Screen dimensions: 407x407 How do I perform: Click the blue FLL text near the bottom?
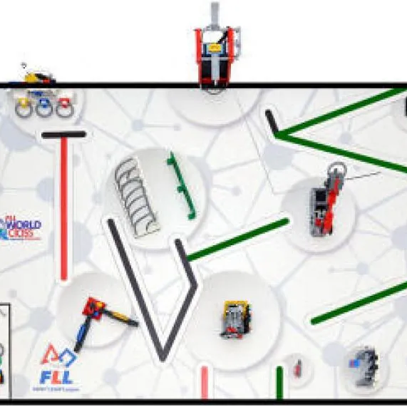56,377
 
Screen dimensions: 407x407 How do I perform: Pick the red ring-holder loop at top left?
64,108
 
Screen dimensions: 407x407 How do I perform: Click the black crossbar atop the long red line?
63,134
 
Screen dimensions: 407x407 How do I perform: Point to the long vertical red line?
64,207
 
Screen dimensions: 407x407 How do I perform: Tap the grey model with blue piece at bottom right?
364,364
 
